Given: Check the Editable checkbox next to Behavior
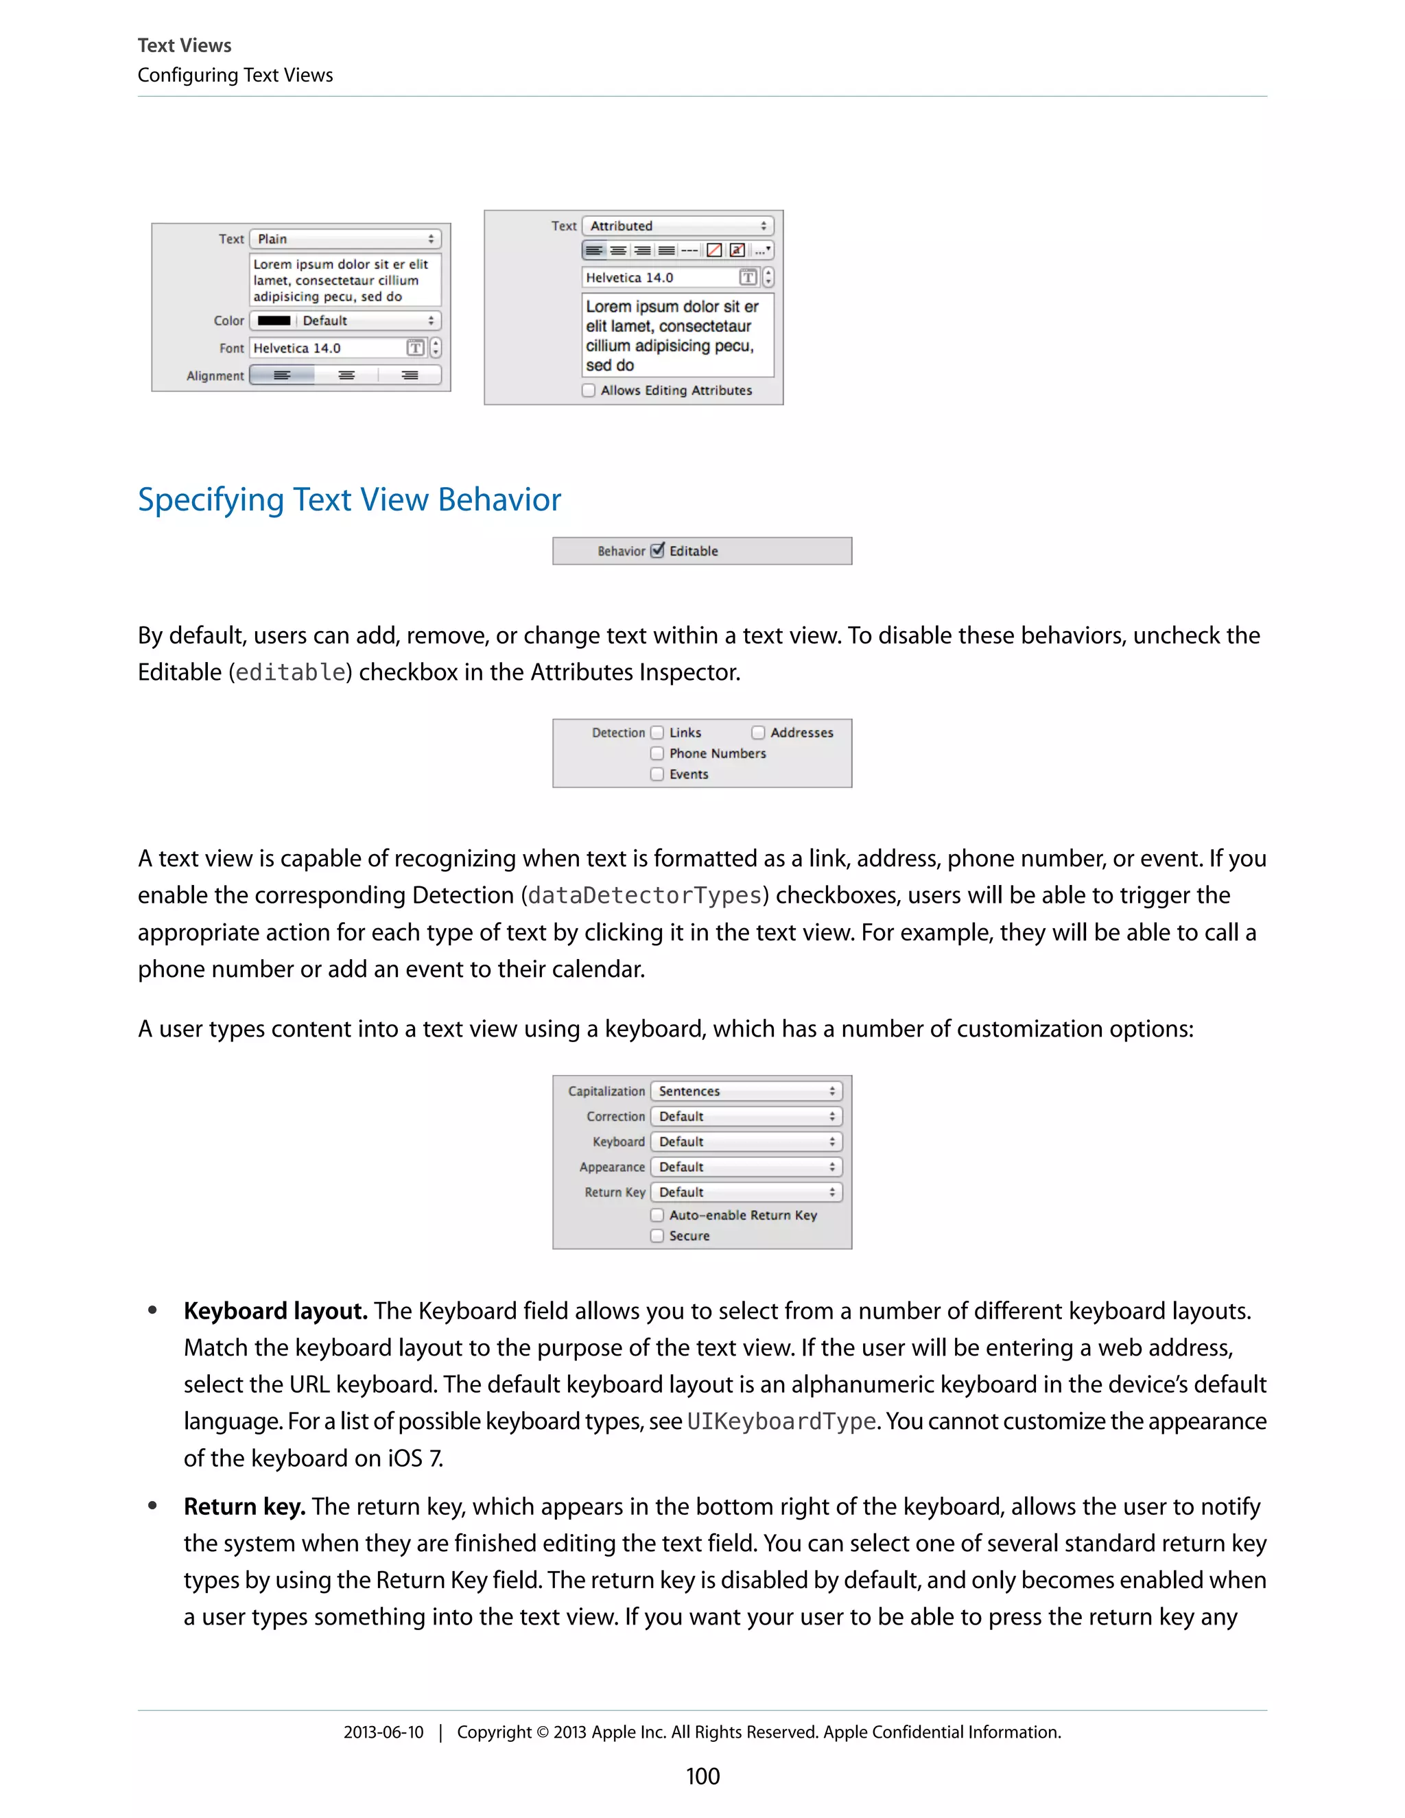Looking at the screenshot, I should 657,550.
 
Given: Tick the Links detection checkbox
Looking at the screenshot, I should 657,733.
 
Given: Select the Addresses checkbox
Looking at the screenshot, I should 758,733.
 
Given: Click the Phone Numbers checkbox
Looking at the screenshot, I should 657,753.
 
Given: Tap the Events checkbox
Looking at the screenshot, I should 657,774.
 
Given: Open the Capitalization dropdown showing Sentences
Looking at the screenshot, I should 746,1091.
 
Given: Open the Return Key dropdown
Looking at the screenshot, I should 746,1192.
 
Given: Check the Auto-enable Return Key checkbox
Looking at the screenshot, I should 657,1216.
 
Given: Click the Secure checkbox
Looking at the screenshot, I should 657,1236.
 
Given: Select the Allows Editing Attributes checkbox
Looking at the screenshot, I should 589,390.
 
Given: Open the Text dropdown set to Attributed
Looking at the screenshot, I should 678,226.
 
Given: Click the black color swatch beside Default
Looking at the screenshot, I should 274,320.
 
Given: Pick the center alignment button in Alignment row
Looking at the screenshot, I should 346,375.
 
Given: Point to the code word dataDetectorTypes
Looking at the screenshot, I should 645,896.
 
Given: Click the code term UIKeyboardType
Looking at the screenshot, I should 781,1421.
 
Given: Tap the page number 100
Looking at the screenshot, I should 702,1775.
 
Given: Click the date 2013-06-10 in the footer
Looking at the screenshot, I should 383,1732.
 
